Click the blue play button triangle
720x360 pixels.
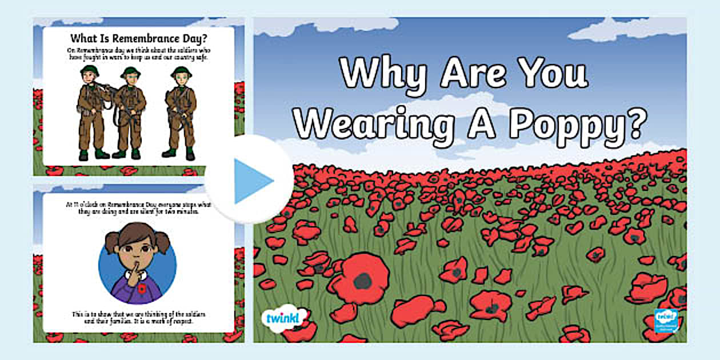tap(251, 181)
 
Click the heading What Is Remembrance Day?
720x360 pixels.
tap(138, 39)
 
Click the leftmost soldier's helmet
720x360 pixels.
tap(90, 71)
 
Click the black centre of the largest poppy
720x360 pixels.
tap(362, 281)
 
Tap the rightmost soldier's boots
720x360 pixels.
tap(179, 153)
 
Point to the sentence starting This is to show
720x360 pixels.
tap(138, 317)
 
